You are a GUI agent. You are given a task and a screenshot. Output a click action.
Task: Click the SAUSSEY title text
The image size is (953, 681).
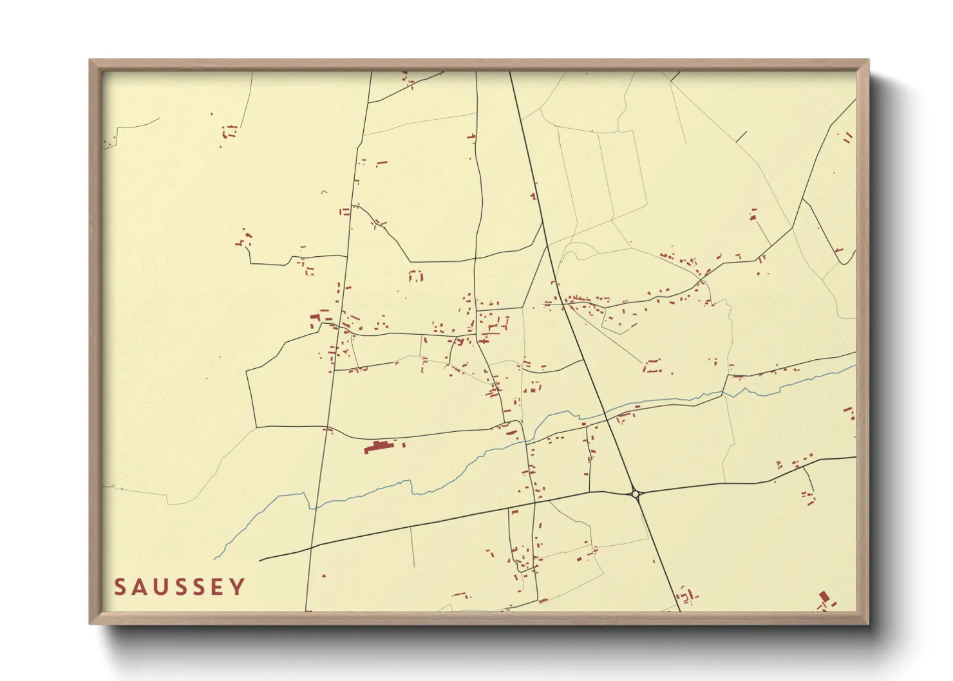point(180,587)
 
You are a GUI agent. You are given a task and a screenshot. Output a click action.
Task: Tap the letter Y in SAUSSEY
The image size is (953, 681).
point(238,587)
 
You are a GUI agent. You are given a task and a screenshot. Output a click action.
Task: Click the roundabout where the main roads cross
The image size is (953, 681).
point(636,494)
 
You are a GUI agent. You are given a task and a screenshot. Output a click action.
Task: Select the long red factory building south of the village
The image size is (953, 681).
point(379,446)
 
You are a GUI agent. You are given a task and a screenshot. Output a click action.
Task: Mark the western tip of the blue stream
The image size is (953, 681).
point(214,559)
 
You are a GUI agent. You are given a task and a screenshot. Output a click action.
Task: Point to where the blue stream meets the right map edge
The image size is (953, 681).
point(855,366)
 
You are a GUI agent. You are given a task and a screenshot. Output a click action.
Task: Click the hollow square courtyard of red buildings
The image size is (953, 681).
point(416,275)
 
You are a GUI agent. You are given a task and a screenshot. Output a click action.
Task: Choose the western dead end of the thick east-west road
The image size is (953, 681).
point(260,560)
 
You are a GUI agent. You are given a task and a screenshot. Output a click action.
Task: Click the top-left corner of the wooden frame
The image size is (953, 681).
point(90,61)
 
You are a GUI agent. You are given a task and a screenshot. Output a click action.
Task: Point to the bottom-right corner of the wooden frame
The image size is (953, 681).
point(868,623)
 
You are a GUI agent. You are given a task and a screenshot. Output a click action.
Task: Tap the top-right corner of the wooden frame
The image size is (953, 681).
point(868,61)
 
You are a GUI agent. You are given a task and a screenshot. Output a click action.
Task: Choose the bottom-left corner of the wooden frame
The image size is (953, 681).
point(90,623)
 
